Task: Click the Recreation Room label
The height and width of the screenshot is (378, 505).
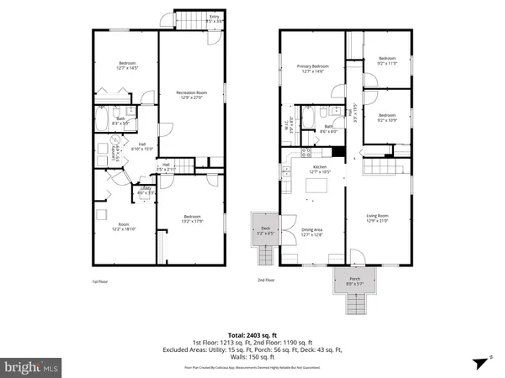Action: point(192,94)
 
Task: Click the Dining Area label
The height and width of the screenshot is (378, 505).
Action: point(312,231)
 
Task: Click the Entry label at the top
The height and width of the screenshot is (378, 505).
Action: point(190,16)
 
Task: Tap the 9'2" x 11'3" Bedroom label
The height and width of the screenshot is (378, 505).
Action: point(387,60)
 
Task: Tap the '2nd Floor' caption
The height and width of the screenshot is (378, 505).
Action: point(268,281)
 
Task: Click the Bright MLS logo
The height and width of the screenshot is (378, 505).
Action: point(32,366)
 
